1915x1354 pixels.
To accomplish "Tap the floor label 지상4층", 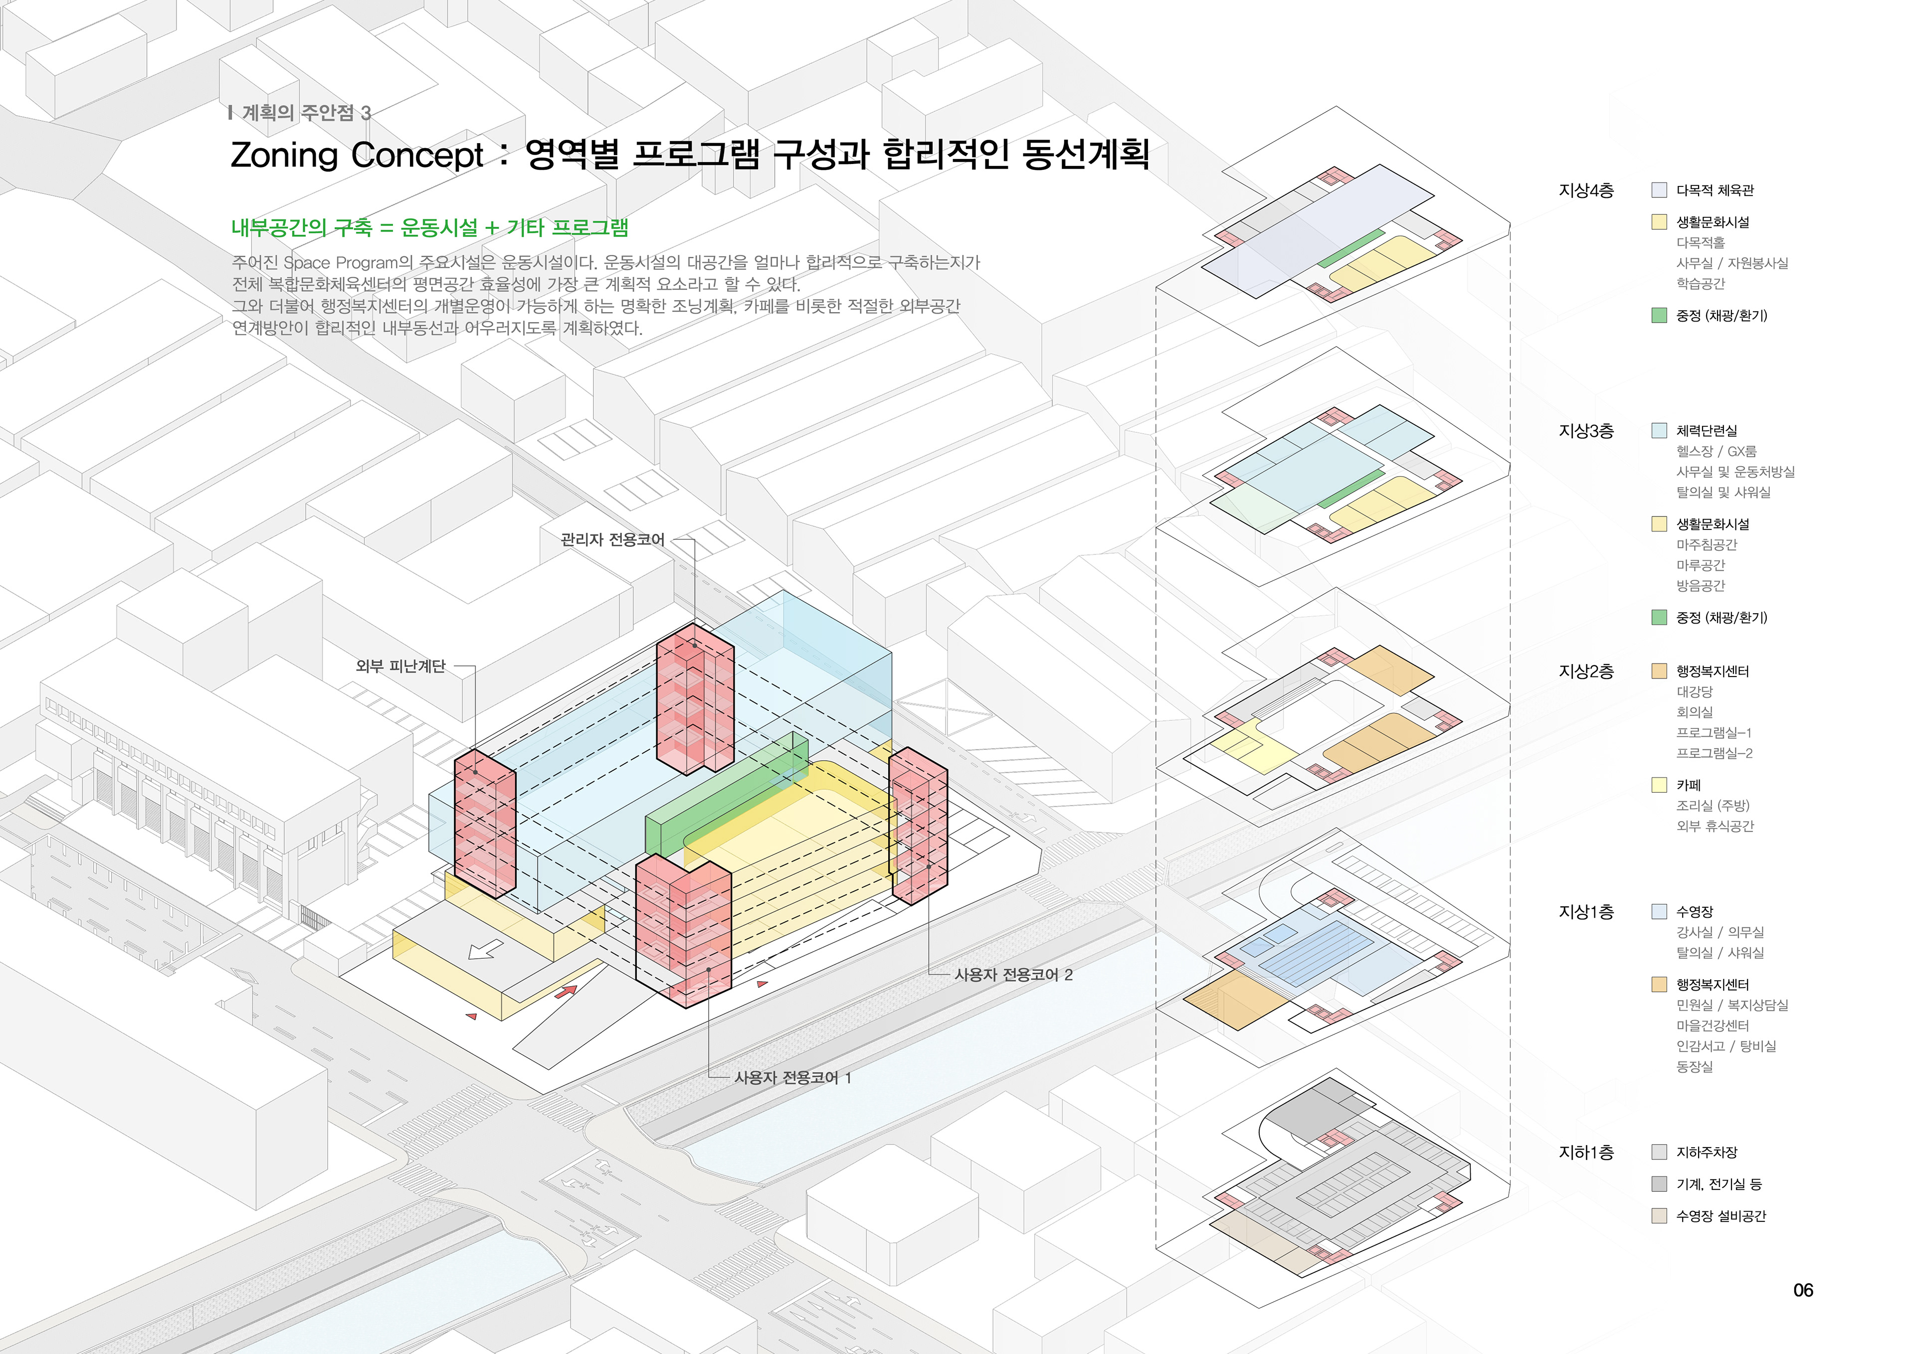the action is click(1585, 191).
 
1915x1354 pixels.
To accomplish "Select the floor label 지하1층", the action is click(1585, 1152).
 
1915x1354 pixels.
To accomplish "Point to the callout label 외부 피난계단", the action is click(400, 666).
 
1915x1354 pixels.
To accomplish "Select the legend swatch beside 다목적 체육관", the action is click(1659, 190).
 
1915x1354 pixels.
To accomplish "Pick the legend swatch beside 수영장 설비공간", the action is click(1659, 1215).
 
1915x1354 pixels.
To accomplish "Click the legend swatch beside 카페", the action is click(1659, 785).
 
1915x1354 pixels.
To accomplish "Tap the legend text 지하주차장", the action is click(1707, 1152).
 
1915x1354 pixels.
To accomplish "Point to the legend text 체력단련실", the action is click(1707, 431).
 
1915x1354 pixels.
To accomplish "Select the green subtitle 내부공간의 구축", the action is click(301, 228).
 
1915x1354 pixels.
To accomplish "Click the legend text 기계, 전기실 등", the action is click(1718, 1184).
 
